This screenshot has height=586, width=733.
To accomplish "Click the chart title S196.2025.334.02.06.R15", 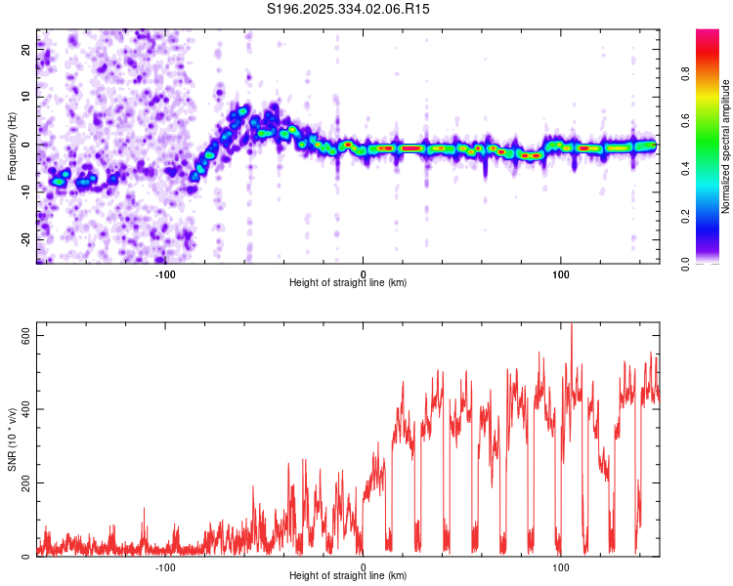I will point(349,9).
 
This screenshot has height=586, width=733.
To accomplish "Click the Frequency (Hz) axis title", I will point(12,146).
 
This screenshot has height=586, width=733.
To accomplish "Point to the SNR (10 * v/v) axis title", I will point(12,439).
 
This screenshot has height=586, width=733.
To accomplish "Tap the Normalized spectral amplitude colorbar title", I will point(726,146).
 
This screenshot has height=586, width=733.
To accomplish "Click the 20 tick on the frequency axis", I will point(26,50).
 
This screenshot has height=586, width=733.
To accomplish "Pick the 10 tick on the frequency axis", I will point(26,98).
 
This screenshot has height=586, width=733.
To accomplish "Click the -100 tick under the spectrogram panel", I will point(165,273).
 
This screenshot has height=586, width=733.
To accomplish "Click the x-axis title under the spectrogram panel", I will point(348,283).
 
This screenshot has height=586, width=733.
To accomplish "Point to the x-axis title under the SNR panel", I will point(348,577).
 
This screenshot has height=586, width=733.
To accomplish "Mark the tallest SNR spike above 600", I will point(572,327).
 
